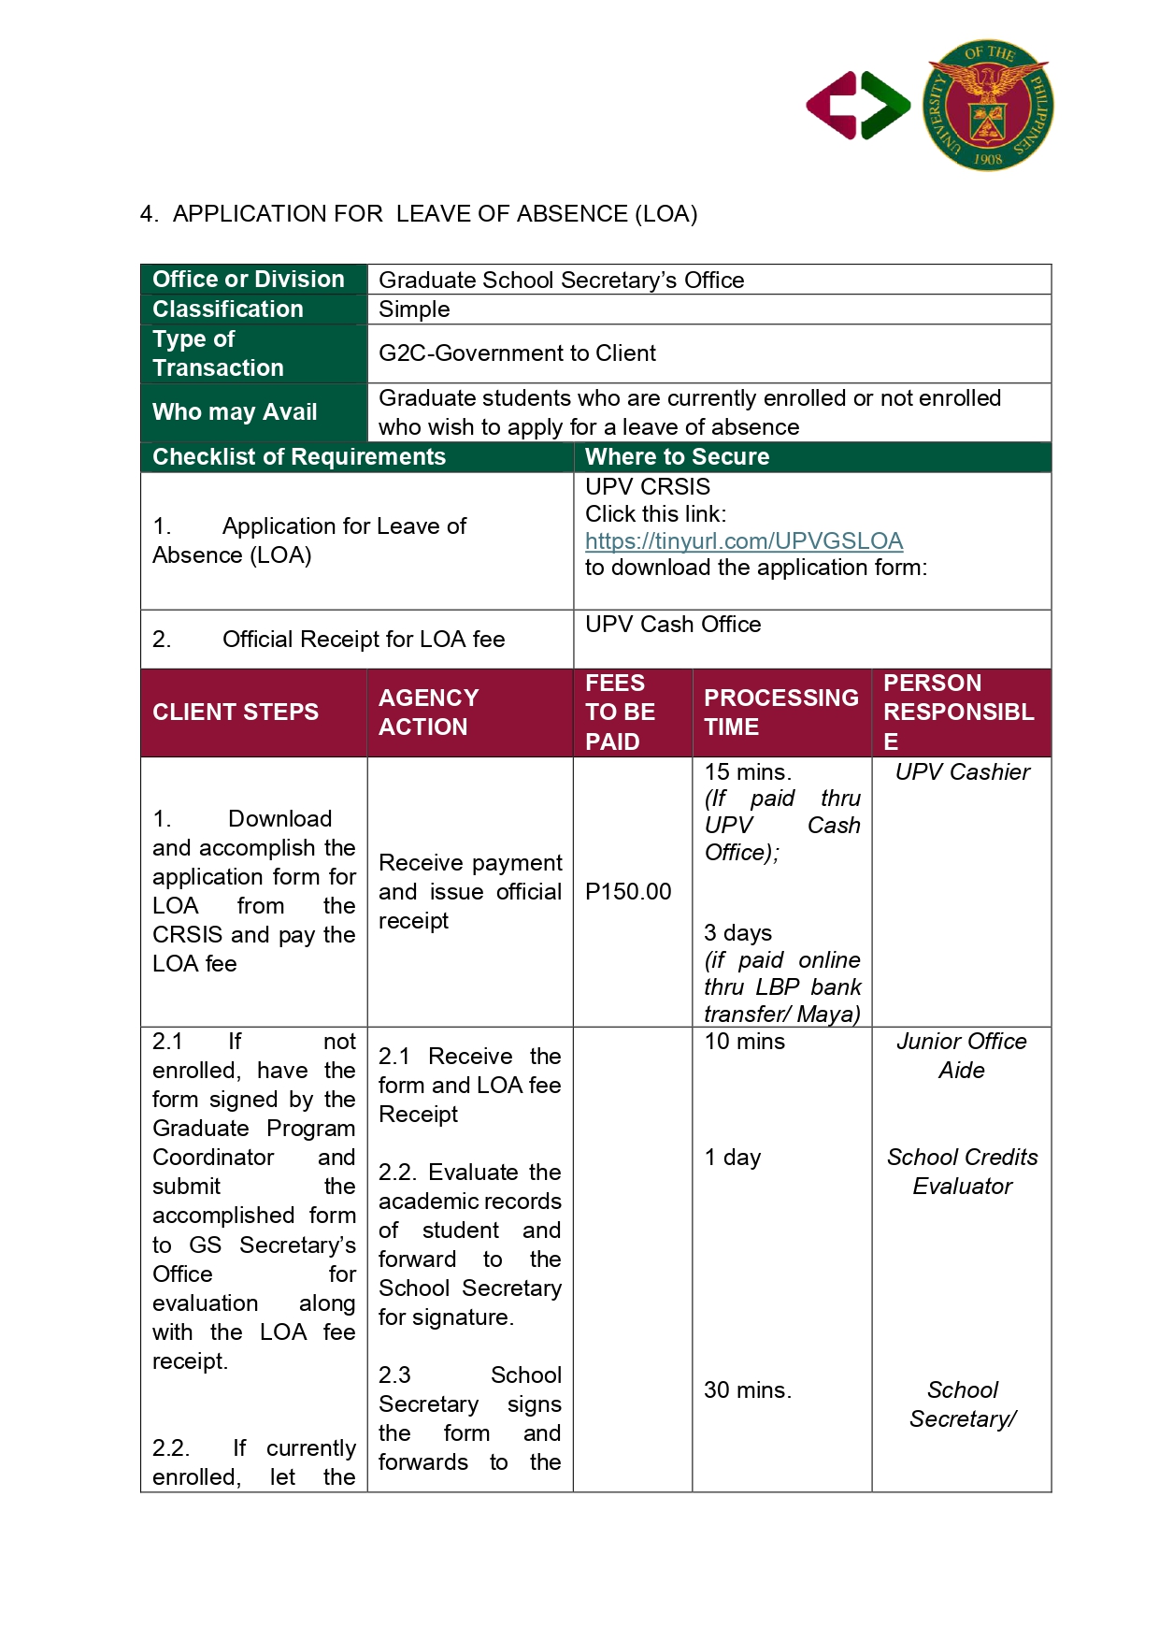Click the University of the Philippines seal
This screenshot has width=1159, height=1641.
pyautogui.click(x=988, y=105)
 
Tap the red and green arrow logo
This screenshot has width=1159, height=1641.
pyautogui.click(x=858, y=106)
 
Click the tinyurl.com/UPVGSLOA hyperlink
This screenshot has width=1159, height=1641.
pyautogui.click(x=743, y=540)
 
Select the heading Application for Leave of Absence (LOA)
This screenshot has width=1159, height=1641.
pyautogui.click(x=419, y=214)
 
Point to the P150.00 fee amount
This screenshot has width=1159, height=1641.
pyautogui.click(x=628, y=891)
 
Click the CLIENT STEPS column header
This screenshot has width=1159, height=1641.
pyautogui.click(x=236, y=712)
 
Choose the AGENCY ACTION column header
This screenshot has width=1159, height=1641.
pyautogui.click(x=428, y=712)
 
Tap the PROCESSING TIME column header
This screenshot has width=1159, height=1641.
pyautogui.click(x=780, y=712)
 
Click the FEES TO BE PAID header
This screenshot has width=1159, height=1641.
pyautogui.click(x=620, y=712)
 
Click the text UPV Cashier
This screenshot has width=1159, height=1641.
pyautogui.click(x=962, y=771)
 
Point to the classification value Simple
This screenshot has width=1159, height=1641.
pyautogui.click(x=414, y=309)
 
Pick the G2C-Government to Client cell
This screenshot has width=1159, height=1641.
pyautogui.click(x=517, y=353)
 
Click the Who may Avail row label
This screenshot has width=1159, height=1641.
pyautogui.click(x=235, y=411)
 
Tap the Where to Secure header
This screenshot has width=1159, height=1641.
pyautogui.click(x=677, y=456)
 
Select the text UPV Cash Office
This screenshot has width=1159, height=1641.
pyautogui.click(x=673, y=624)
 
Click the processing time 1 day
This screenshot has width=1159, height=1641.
pyautogui.click(x=733, y=1158)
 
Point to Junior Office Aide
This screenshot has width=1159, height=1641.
pyautogui.click(x=962, y=1056)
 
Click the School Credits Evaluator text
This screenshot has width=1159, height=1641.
pyautogui.click(x=962, y=1172)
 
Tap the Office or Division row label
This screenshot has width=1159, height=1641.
pyautogui.click(x=249, y=279)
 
